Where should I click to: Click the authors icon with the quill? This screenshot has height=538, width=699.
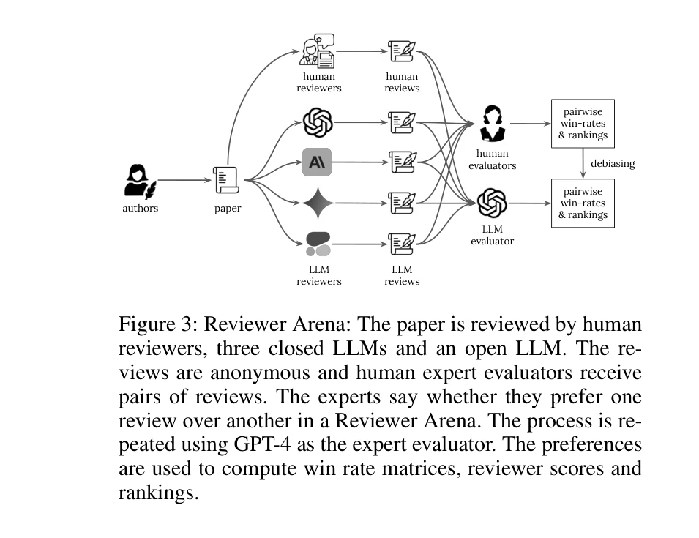click(139, 181)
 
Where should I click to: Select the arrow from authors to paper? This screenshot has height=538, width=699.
click(183, 180)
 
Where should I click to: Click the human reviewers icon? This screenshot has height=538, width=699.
click(318, 51)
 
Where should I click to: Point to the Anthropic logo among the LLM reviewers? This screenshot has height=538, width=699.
click(317, 162)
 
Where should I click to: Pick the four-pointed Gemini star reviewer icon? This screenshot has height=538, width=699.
click(318, 203)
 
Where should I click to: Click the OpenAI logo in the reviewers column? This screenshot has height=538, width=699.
click(318, 122)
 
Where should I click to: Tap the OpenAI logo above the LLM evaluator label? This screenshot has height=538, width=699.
click(492, 203)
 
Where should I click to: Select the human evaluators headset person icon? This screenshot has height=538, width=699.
click(492, 123)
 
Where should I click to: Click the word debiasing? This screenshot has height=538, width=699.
click(613, 163)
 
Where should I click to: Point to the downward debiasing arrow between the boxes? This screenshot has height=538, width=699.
click(583, 163)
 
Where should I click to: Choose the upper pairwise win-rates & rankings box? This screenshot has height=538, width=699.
click(583, 124)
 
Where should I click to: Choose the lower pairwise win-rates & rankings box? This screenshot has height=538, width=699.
click(583, 203)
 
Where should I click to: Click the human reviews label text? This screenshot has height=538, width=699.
click(402, 82)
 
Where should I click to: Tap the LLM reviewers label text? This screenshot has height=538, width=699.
click(318, 275)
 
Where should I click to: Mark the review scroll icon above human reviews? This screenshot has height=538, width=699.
click(402, 51)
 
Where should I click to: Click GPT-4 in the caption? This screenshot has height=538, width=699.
click(260, 445)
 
